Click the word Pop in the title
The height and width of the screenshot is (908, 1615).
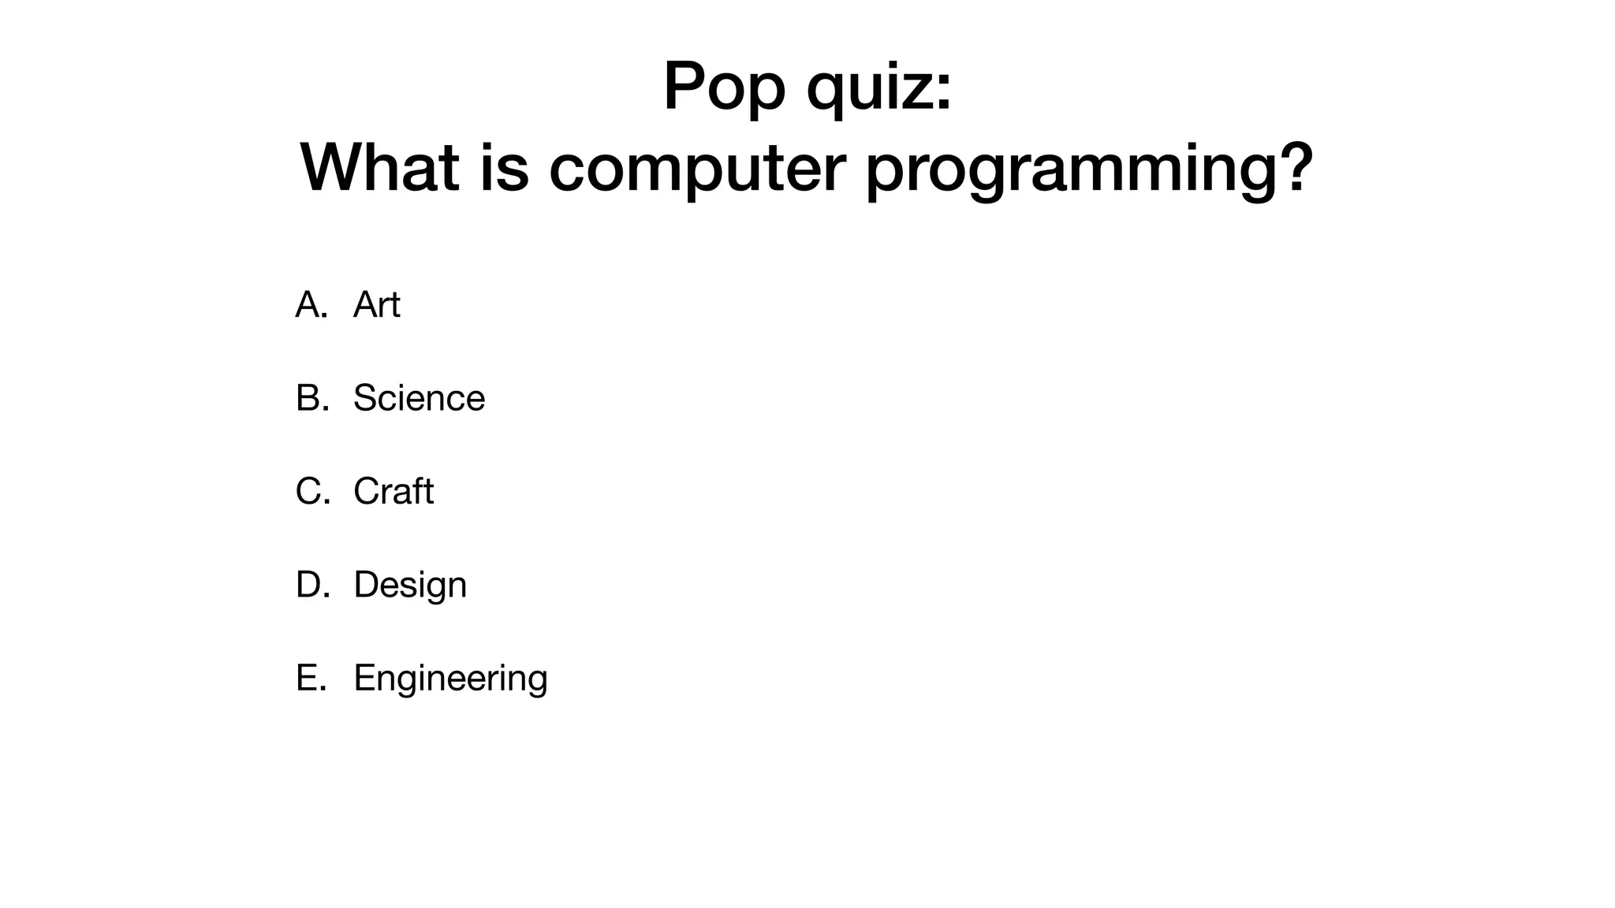tap(724, 87)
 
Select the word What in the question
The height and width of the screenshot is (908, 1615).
tap(379, 167)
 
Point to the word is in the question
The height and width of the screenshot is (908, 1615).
tap(504, 167)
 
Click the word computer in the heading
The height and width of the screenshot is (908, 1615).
tap(697, 169)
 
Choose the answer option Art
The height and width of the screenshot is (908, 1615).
tap(376, 304)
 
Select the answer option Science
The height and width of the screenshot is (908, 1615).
tap(419, 398)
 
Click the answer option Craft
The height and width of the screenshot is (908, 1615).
tap(393, 491)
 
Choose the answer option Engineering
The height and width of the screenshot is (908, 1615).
tap(449, 679)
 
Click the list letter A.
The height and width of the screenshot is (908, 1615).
tap(309, 304)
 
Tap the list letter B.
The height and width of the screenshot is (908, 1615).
tap(309, 398)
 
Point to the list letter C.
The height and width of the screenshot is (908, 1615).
tap(309, 491)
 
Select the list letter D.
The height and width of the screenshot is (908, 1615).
tap(309, 585)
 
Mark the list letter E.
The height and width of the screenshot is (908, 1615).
tap(308, 678)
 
